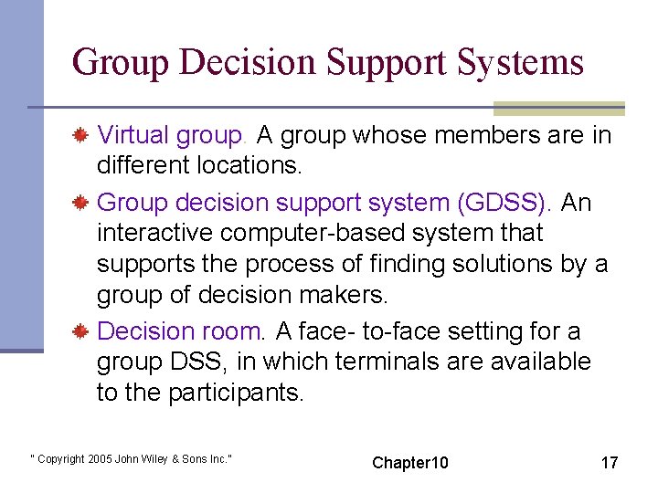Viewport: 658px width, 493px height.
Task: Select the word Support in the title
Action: click(x=373, y=62)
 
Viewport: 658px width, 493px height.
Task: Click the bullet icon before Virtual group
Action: click(x=80, y=137)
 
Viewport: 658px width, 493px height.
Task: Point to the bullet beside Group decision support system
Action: click(x=80, y=203)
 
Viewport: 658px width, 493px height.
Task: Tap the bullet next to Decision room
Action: click(x=80, y=331)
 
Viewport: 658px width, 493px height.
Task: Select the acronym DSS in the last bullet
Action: click(x=196, y=362)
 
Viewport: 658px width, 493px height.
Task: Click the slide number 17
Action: click(x=609, y=463)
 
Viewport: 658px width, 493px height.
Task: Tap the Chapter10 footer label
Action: click(x=410, y=463)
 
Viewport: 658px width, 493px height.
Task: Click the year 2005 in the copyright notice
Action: click(x=99, y=458)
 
